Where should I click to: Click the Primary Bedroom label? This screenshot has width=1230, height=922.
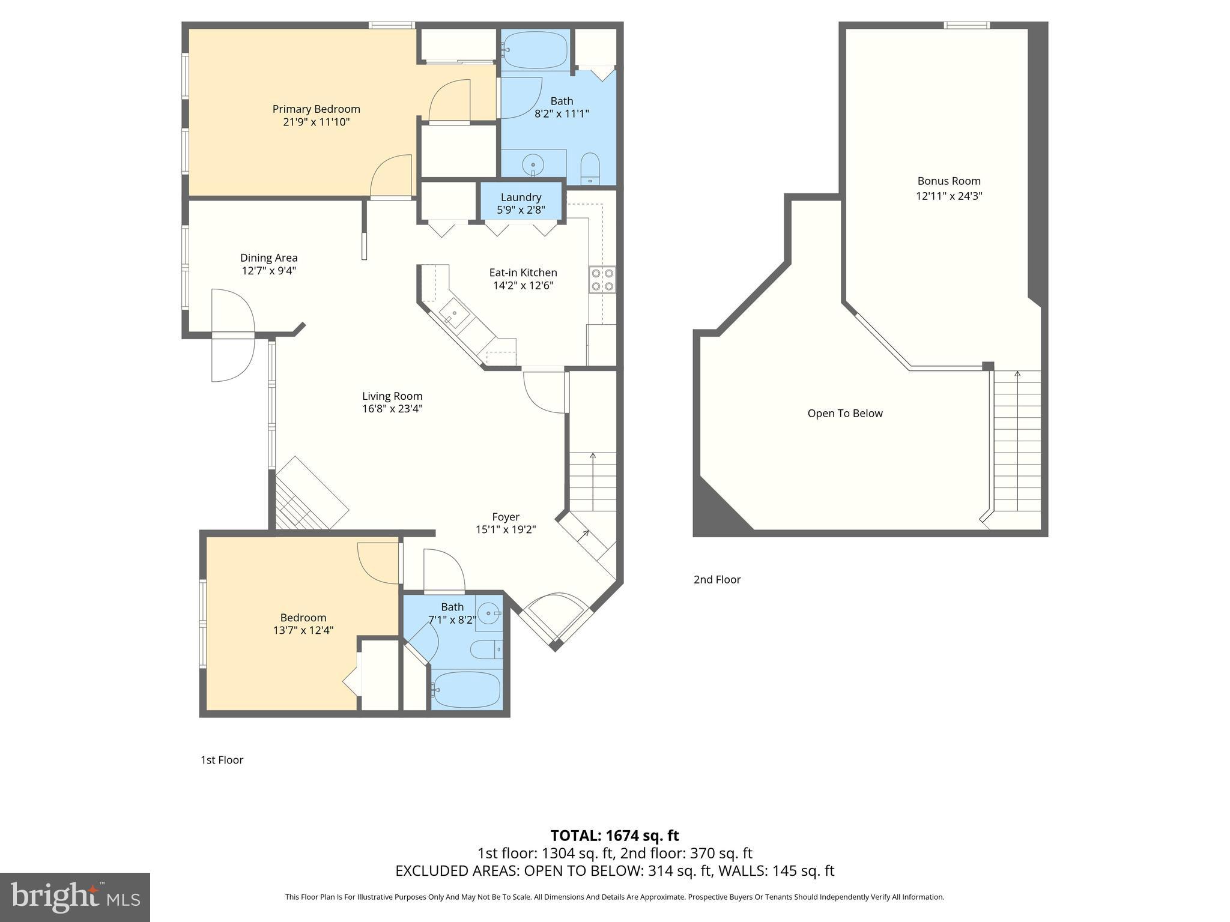click(x=316, y=109)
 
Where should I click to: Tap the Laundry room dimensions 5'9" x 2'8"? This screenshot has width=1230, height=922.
click(x=521, y=210)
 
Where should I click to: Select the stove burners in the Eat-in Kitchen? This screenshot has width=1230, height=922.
click(x=602, y=279)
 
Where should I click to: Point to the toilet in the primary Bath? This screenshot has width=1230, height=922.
click(x=590, y=168)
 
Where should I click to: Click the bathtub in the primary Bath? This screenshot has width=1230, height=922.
click(x=535, y=50)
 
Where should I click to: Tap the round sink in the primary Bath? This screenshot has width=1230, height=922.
click(x=533, y=164)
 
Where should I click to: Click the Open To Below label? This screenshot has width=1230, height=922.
click(x=844, y=413)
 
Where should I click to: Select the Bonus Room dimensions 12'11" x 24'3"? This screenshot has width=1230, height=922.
click(x=948, y=196)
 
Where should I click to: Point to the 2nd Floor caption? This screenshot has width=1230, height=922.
click(x=716, y=579)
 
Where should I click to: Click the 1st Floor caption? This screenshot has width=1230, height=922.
click(x=222, y=760)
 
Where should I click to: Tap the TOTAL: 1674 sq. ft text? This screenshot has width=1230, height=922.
click(x=614, y=835)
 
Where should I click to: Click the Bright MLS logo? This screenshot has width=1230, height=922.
click(x=75, y=897)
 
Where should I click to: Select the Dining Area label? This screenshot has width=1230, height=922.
click(x=268, y=258)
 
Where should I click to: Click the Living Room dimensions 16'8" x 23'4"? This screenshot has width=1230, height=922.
click(x=392, y=409)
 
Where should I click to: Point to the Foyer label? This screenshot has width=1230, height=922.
click(x=505, y=517)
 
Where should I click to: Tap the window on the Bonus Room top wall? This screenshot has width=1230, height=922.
click(x=966, y=25)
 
